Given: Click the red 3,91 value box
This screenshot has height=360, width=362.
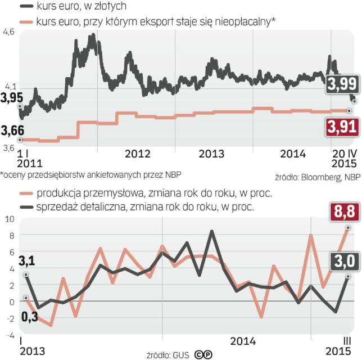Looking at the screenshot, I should tap(342, 127).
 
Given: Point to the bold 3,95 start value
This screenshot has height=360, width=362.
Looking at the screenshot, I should tap(11, 97).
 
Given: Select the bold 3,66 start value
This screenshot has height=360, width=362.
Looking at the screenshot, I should tap(11, 130).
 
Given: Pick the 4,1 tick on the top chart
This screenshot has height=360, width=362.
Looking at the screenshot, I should tap(8, 86).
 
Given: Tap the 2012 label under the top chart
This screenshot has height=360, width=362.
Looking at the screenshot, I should tap(137, 153).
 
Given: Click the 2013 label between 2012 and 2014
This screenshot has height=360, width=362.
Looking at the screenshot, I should tap(211, 153).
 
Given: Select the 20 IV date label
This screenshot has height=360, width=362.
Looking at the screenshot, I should tap(343, 153).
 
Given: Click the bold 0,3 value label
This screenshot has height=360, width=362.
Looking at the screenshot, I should tap(11, 318).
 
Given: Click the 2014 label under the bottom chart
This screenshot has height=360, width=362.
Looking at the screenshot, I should tap(243, 341).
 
